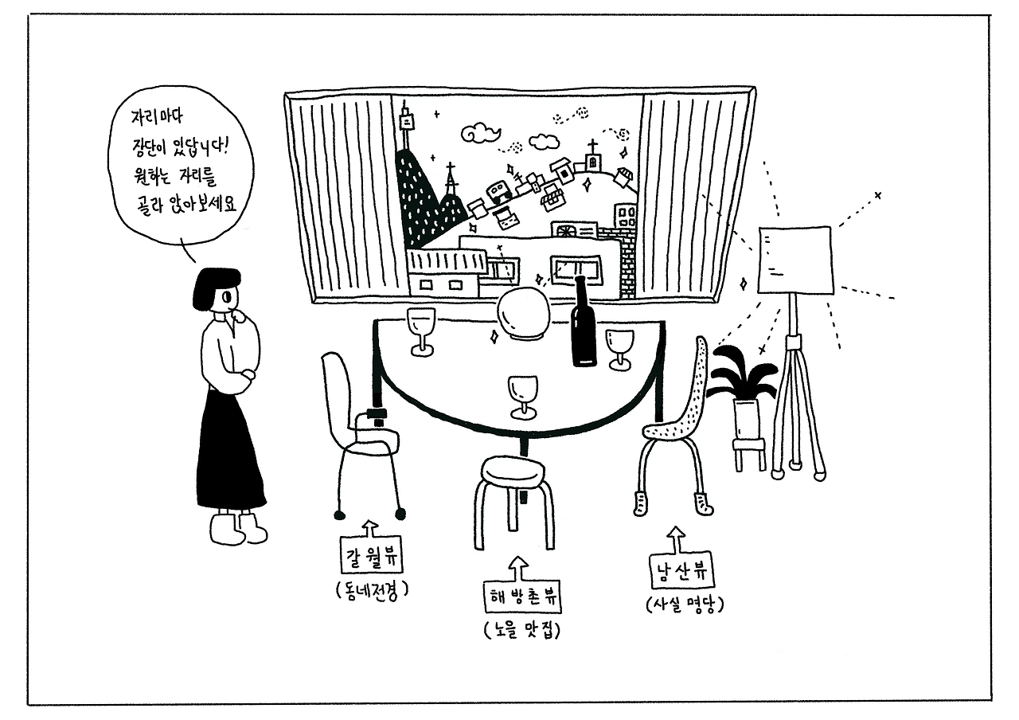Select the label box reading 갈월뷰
[369, 558]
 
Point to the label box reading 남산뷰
[679, 572]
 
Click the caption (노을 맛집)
[522, 630]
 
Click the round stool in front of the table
[513, 478]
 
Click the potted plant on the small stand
[743, 382]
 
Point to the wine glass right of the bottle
[619, 346]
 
